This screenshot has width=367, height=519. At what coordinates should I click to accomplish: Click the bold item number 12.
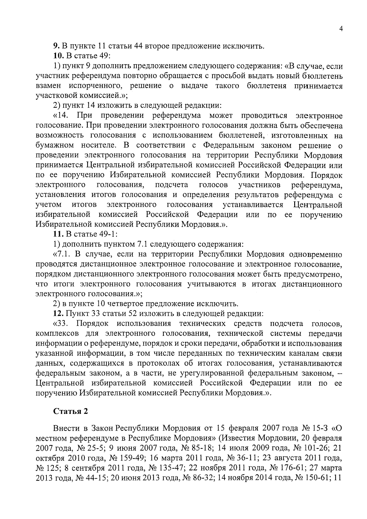tap(57, 313)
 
